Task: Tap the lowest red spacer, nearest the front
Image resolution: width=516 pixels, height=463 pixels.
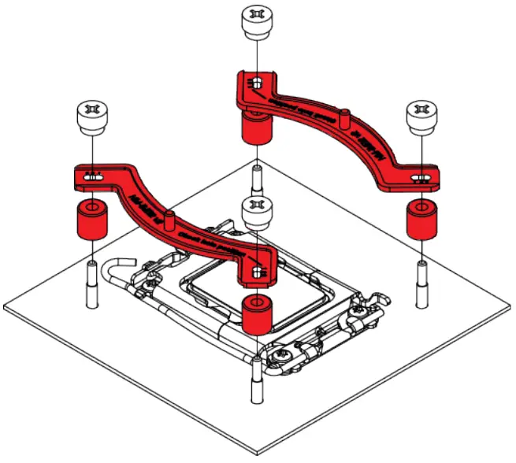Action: [x=257, y=314]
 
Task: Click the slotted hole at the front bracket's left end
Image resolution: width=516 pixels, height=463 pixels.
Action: [x=92, y=178]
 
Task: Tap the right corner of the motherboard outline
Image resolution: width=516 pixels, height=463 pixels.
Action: [x=510, y=307]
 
